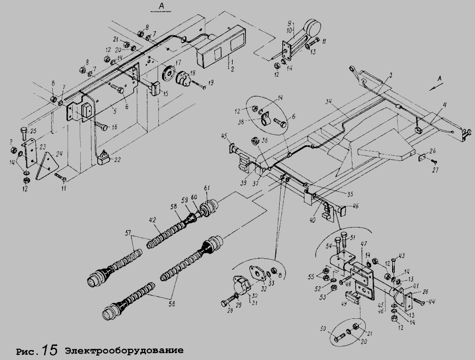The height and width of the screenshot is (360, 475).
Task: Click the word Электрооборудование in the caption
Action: (x=124, y=350)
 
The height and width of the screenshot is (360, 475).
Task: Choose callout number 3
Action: (x=389, y=77)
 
